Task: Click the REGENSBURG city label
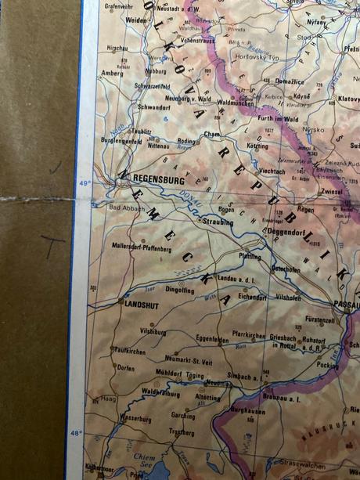(x=158, y=179)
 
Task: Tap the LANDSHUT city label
(x=142, y=306)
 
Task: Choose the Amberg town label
(x=112, y=73)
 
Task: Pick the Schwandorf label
(x=154, y=107)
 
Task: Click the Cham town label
(x=211, y=134)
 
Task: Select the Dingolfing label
(x=178, y=290)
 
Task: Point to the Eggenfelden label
(x=212, y=339)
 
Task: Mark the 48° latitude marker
(x=77, y=432)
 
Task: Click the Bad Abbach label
(x=127, y=208)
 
